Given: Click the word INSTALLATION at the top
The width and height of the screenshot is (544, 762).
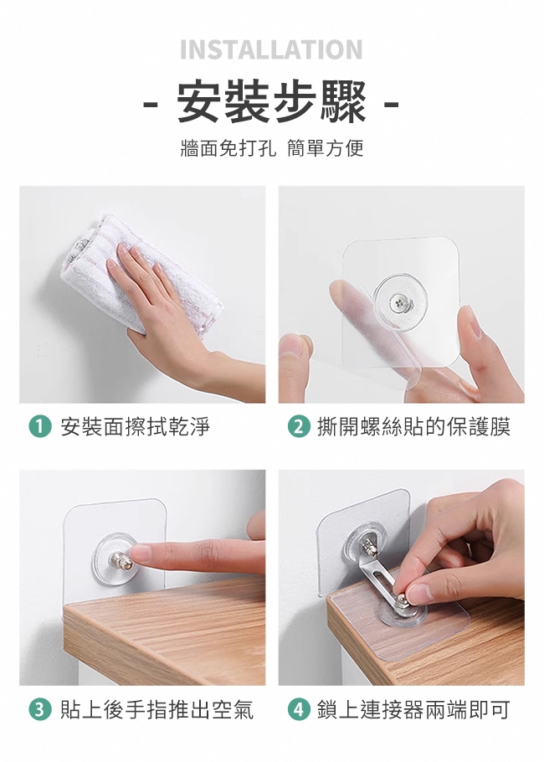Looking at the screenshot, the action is [271, 49].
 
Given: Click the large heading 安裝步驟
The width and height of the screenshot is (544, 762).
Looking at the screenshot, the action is [271, 102].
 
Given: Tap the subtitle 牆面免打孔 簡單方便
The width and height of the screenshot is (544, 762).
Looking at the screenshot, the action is [271, 147].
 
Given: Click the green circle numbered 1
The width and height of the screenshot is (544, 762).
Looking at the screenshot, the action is [40, 427].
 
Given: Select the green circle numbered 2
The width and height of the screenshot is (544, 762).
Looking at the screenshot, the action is [299, 427].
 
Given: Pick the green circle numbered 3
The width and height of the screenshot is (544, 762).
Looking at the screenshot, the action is [40, 710].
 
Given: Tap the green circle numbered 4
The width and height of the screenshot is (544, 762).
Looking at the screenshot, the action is [299, 710].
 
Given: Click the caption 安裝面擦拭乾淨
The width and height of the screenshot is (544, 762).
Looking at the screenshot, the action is [135, 427].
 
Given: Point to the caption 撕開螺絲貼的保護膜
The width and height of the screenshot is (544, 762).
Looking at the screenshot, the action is [413, 427].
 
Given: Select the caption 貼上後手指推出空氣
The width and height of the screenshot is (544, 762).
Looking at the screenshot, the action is [157, 710].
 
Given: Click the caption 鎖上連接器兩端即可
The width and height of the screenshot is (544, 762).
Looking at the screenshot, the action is [413, 710].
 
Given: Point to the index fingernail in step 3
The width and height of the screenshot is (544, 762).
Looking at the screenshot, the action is [141, 553].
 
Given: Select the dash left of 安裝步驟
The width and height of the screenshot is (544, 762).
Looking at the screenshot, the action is [151, 104].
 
